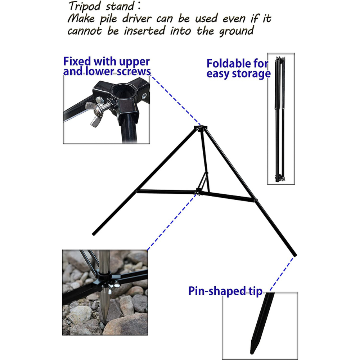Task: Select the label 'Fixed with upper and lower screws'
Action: pyautogui.click(x=107, y=67)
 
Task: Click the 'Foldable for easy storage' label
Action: pyautogui.click(x=238, y=68)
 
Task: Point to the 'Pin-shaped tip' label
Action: pyautogui.click(x=225, y=291)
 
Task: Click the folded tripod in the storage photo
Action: pyautogui.click(x=279, y=119)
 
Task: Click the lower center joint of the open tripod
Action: pyautogui.click(x=198, y=192)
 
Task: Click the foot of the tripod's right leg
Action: pyautogui.click(x=295, y=255)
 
